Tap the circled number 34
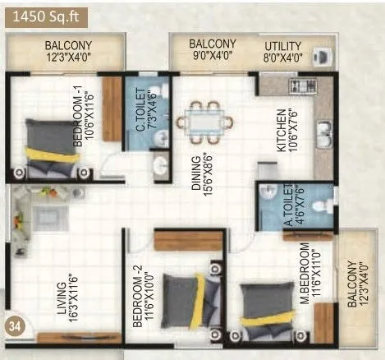coord(14,323)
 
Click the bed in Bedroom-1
coord(48,149)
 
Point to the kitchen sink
coord(323,131)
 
